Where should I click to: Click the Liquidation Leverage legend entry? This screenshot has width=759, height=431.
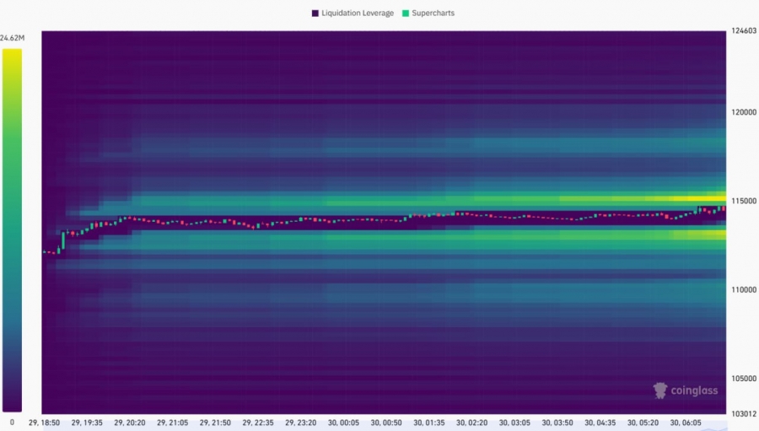pos(357,13)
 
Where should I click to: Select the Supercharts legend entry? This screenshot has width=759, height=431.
pos(433,13)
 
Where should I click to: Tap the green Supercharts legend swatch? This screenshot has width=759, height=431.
pos(406,13)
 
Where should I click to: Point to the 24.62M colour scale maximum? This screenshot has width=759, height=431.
pos(13,38)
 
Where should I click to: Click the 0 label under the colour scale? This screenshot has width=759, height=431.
pos(12,421)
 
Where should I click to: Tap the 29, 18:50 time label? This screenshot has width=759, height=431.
pos(44,422)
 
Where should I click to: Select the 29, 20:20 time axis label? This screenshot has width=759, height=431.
pos(129,422)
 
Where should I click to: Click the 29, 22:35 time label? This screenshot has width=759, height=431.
pos(258,422)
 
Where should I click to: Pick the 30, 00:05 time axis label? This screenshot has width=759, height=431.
pos(343,422)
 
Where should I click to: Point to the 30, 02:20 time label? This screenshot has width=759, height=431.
pos(471,422)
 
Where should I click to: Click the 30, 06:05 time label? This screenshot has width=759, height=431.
pos(686,422)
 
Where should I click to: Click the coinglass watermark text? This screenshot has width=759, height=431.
pos(697,391)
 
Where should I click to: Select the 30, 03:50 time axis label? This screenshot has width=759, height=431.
pos(557,422)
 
